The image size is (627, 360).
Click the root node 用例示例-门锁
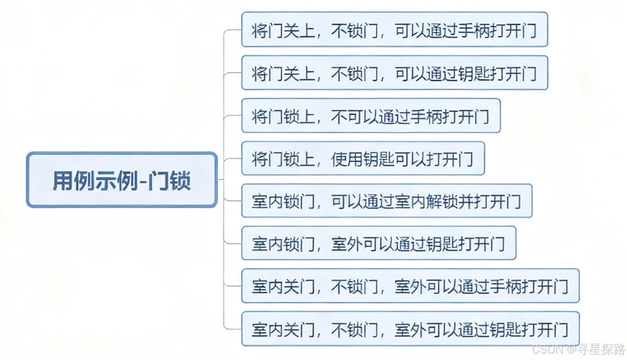click(122, 180)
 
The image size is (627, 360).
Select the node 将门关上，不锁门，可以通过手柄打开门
click(394, 30)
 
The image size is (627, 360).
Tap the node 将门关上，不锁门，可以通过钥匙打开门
click(394, 73)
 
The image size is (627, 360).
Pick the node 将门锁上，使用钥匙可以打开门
click(363, 159)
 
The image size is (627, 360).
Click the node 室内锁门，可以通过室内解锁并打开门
click(387, 201)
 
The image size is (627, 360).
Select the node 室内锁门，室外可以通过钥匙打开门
click(378, 243)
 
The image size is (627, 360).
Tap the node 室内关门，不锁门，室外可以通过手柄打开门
click(410, 286)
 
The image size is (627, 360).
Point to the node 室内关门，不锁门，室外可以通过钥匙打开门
click(410, 329)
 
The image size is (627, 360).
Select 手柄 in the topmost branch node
click(473, 30)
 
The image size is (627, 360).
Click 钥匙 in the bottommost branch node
click(505, 329)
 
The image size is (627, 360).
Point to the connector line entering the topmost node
click(232, 30)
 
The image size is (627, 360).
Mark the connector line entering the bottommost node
click(232, 329)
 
